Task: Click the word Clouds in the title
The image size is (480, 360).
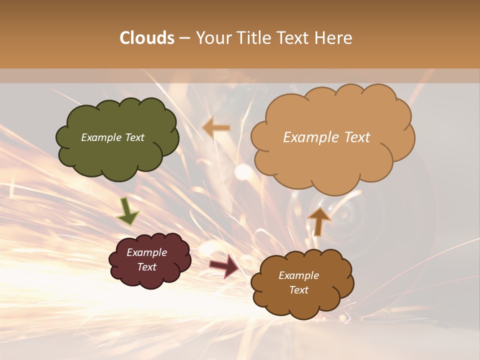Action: [x=147, y=38]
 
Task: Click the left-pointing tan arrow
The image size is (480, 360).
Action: [x=216, y=128]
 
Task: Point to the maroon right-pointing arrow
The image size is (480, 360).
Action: [x=224, y=265]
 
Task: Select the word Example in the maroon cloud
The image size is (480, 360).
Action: [x=147, y=252]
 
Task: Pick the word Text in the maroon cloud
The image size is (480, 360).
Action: [x=147, y=267]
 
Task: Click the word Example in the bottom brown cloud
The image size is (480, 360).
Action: [x=298, y=275]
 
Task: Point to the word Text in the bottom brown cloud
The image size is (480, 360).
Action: [x=298, y=290]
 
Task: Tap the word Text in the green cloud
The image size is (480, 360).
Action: [x=134, y=137]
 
